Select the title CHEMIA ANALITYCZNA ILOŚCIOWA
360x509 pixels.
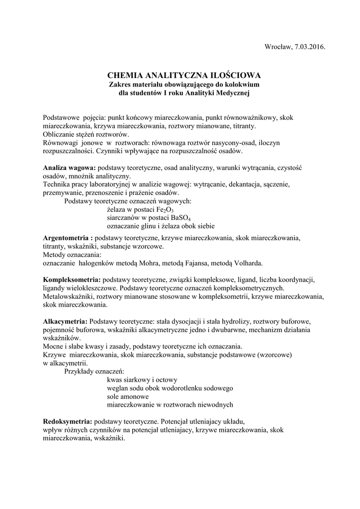click(184, 76)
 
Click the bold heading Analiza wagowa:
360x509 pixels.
click(69, 168)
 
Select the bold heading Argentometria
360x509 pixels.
click(68, 238)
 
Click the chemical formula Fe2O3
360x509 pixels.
click(163, 210)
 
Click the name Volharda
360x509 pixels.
click(247, 262)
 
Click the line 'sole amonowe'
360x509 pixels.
click(128, 396)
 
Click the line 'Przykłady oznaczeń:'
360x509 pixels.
click(94, 371)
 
